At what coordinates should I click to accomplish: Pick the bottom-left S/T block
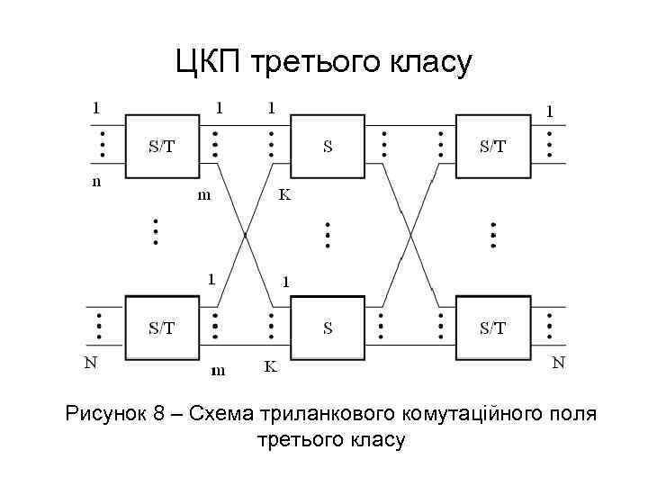pyautogui.click(x=162, y=328)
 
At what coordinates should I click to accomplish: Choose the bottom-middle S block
pyautogui.click(x=328, y=328)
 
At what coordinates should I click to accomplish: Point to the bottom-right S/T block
pyautogui.click(x=492, y=328)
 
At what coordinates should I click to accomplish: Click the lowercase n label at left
pyautogui.click(x=97, y=182)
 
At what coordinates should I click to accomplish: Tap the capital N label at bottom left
pyautogui.click(x=91, y=364)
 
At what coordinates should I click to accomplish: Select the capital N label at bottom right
pyautogui.click(x=558, y=364)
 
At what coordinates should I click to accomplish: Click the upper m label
pyautogui.click(x=205, y=196)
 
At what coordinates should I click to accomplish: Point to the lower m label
pyautogui.click(x=217, y=369)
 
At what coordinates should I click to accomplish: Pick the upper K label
pyautogui.click(x=284, y=195)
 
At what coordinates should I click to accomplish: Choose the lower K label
pyautogui.click(x=270, y=367)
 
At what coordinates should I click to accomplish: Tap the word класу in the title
pyautogui.click(x=427, y=63)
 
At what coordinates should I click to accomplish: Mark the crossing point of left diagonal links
pyautogui.click(x=245, y=236)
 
